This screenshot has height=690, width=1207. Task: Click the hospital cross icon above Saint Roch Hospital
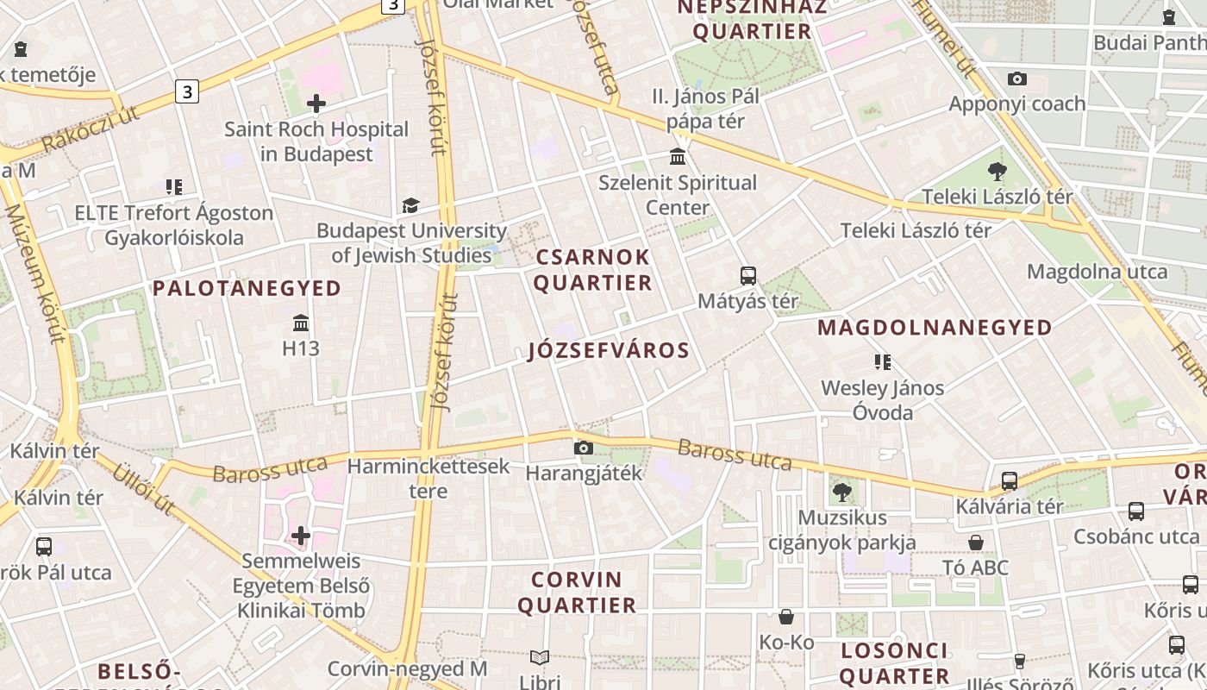(316, 104)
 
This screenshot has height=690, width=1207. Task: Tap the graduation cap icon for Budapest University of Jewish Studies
(410, 206)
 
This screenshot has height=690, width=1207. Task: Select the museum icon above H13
(301, 323)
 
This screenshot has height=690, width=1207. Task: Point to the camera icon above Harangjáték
(584, 448)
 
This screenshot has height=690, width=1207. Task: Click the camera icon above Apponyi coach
(1017, 79)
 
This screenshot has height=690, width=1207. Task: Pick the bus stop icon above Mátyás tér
(748, 276)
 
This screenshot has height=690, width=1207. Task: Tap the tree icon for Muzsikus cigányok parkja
(841, 492)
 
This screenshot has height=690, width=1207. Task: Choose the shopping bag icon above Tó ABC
(976, 543)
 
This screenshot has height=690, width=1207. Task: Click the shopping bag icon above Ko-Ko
(786, 617)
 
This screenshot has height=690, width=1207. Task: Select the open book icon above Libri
(540, 657)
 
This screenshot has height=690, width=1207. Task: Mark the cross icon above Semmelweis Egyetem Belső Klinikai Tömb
(301, 536)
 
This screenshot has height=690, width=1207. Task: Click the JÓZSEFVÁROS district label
(609, 350)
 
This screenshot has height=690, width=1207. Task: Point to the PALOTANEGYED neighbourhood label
(247, 288)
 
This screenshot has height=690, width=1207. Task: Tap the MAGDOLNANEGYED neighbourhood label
(935, 328)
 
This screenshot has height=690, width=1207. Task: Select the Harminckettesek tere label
(428, 479)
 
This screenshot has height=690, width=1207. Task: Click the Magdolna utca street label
(1097, 273)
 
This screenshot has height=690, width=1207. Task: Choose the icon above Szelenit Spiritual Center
(678, 157)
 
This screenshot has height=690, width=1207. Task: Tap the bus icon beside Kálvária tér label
(1010, 481)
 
